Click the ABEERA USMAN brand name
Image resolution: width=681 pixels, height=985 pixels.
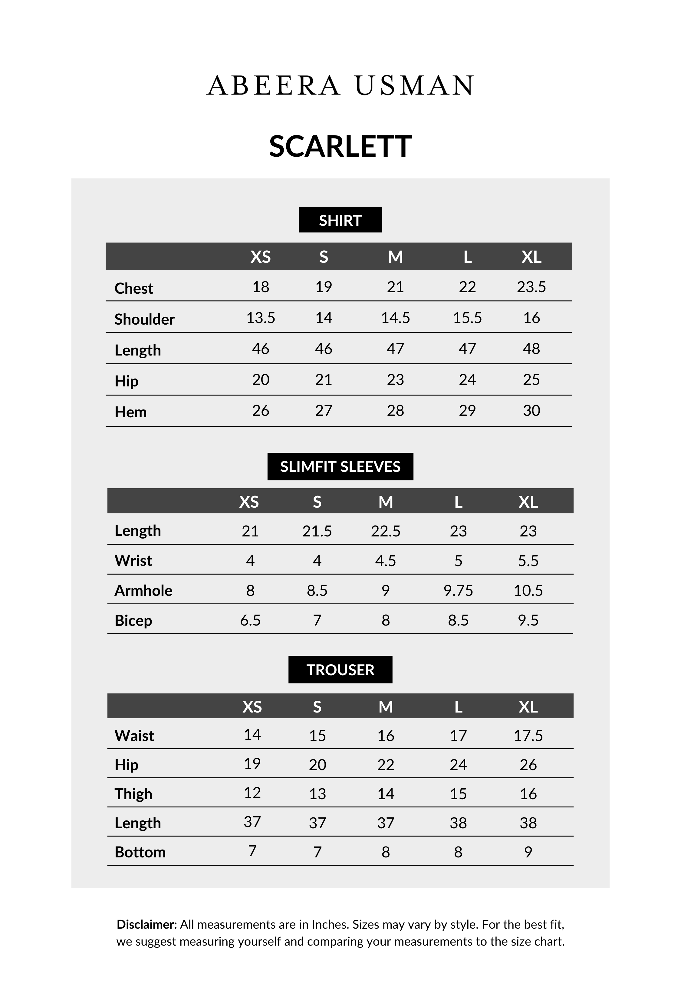(x=340, y=85)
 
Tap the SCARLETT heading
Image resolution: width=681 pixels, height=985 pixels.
(x=340, y=146)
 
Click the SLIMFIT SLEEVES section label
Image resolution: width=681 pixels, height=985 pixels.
(x=340, y=466)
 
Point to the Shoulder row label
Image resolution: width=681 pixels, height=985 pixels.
(x=144, y=319)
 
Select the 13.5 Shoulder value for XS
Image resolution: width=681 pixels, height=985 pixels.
(x=260, y=318)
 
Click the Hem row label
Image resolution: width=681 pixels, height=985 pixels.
(x=130, y=412)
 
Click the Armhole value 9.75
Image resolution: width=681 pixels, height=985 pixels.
(x=458, y=590)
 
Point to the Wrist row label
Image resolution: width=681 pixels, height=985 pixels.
(x=133, y=560)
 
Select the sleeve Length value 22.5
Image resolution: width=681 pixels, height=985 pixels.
(x=385, y=531)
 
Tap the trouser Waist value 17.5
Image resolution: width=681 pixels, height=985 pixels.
(x=528, y=736)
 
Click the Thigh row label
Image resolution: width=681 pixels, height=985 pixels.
(x=133, y=794)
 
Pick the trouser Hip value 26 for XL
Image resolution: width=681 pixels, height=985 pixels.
(x=528, y=765)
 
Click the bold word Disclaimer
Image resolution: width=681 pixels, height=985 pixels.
(x=146, y=924)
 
